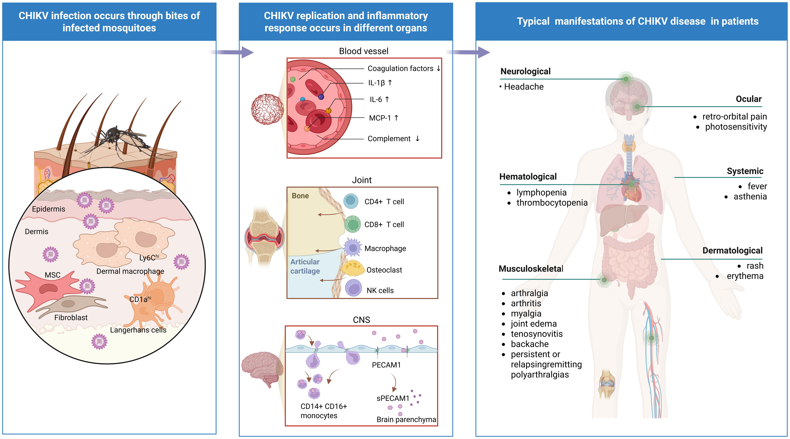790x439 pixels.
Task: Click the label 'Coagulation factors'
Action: pyautogui.click(x=400, y=68)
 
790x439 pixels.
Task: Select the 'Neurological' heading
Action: pyautogui.click(x=525, y=72)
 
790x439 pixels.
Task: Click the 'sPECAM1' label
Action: pyautogui.click(x=393, y=398)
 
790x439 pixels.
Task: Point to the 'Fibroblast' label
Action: pyautogui.click(x=71, y=318)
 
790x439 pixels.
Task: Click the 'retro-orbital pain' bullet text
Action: pyautogui.click(x=734, y=117)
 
